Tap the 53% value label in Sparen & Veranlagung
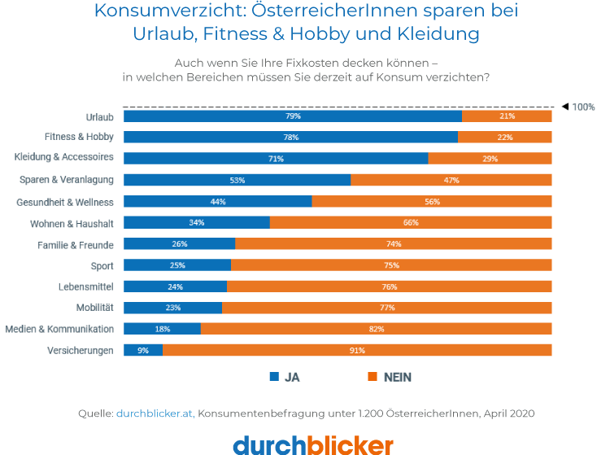point(237,180)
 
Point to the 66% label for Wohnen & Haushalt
point(411,222)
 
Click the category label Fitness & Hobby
point(79,137)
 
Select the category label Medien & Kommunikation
point(59,329)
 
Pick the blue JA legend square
point(274,377)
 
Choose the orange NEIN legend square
point(373,377)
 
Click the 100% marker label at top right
point(583,107)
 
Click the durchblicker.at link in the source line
point(154,413)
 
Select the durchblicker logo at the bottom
point(313,444)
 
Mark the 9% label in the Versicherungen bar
point(143,350)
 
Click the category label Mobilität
point(95,308)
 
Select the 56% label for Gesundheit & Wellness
point(432,201)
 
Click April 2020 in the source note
point(508,413)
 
